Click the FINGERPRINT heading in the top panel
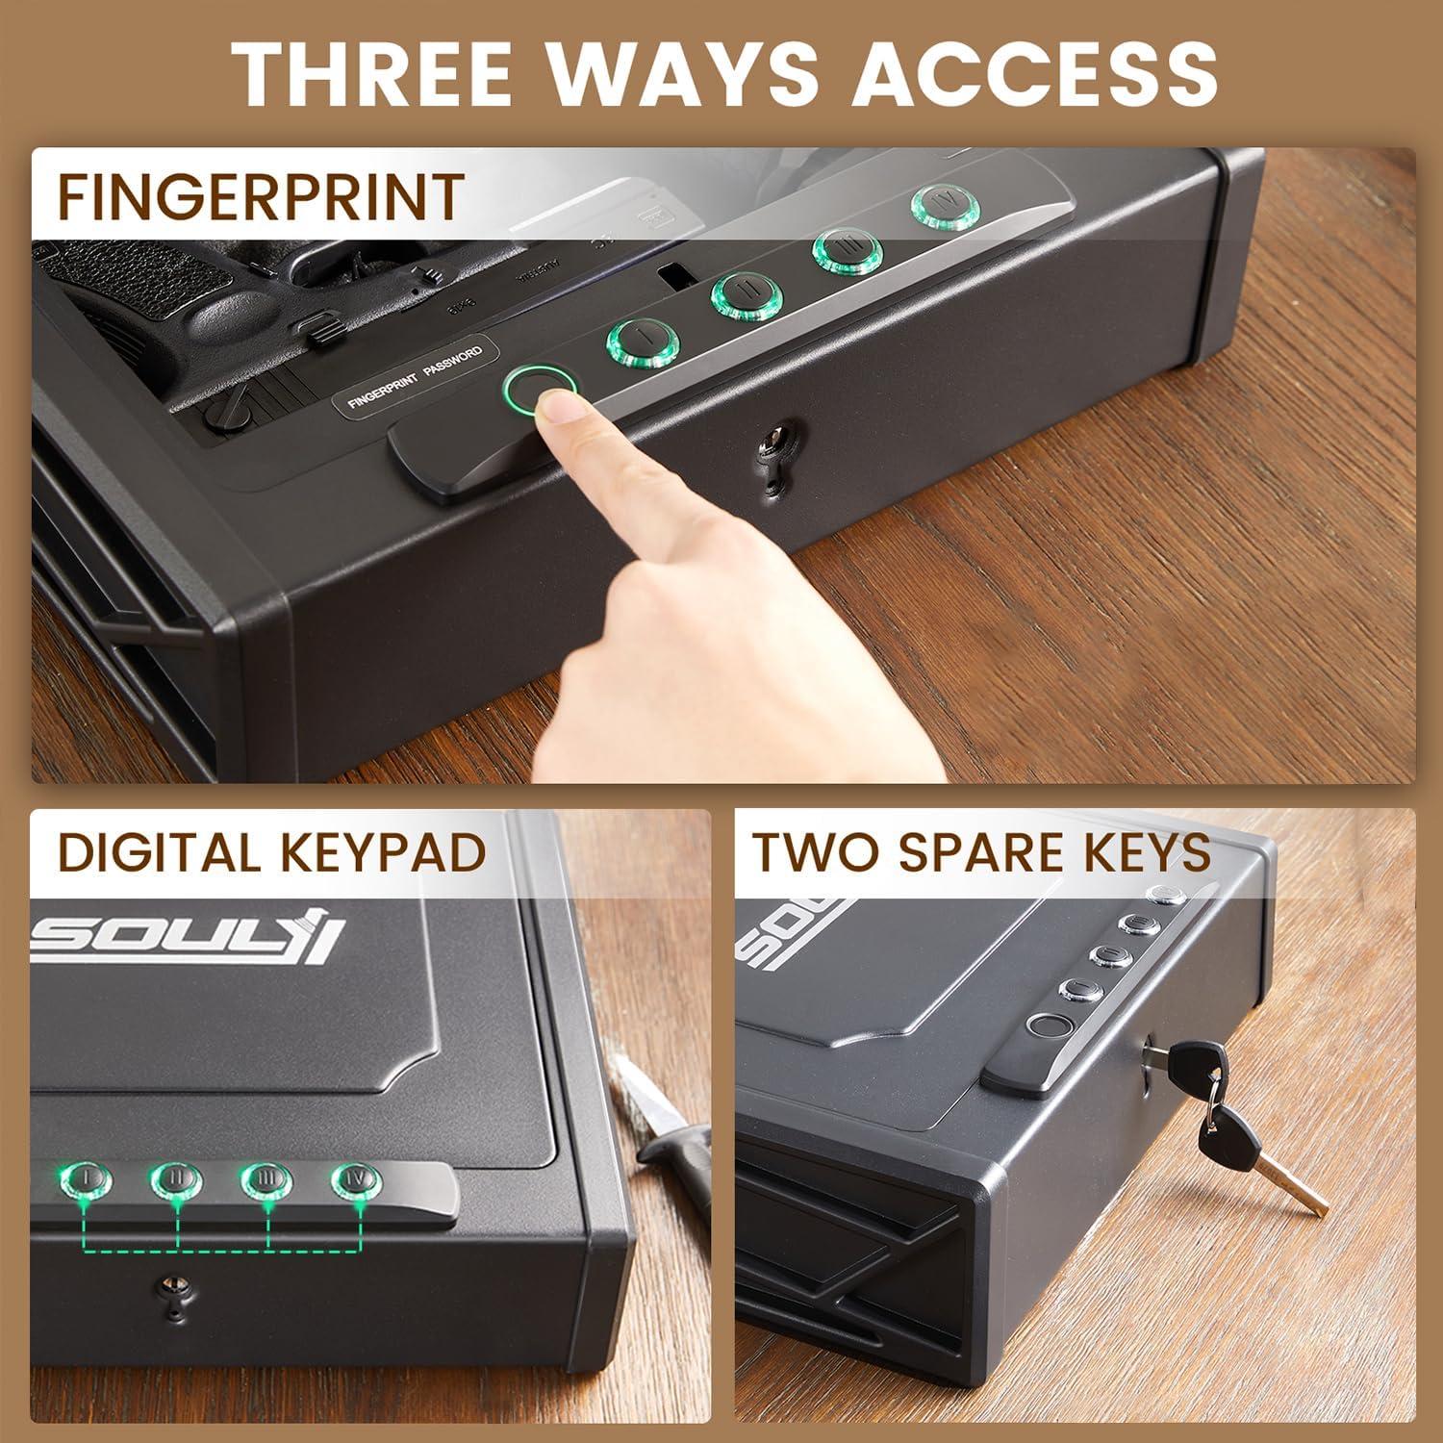[261, 196]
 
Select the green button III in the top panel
[847, 250]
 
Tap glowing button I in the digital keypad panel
[87, 1179]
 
